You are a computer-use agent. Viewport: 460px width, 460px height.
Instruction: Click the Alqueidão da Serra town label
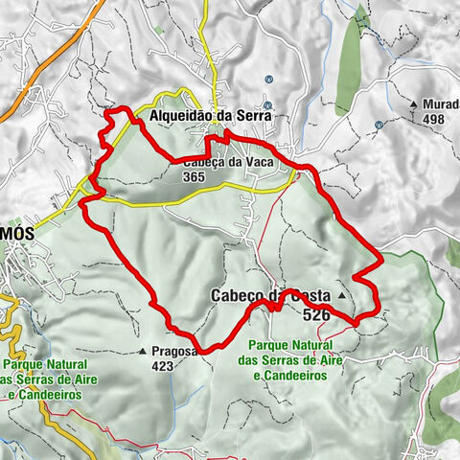click(x=211, y=114)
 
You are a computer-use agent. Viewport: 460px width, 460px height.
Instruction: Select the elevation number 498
click(x=435, y=119)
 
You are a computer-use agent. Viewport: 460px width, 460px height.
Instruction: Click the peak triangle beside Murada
click(x=413, y=103)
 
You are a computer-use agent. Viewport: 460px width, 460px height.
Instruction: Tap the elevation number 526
click(x=316, y=313)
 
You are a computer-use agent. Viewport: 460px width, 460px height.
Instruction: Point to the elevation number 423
click(x=163, y=364)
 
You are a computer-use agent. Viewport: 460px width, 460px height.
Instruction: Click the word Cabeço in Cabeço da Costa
click(x=233, y=297)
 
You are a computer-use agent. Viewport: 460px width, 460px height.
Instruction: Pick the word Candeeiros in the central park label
click(x=296, y=376)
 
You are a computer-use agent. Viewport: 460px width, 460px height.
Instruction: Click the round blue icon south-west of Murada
click(x=379, y=124)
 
